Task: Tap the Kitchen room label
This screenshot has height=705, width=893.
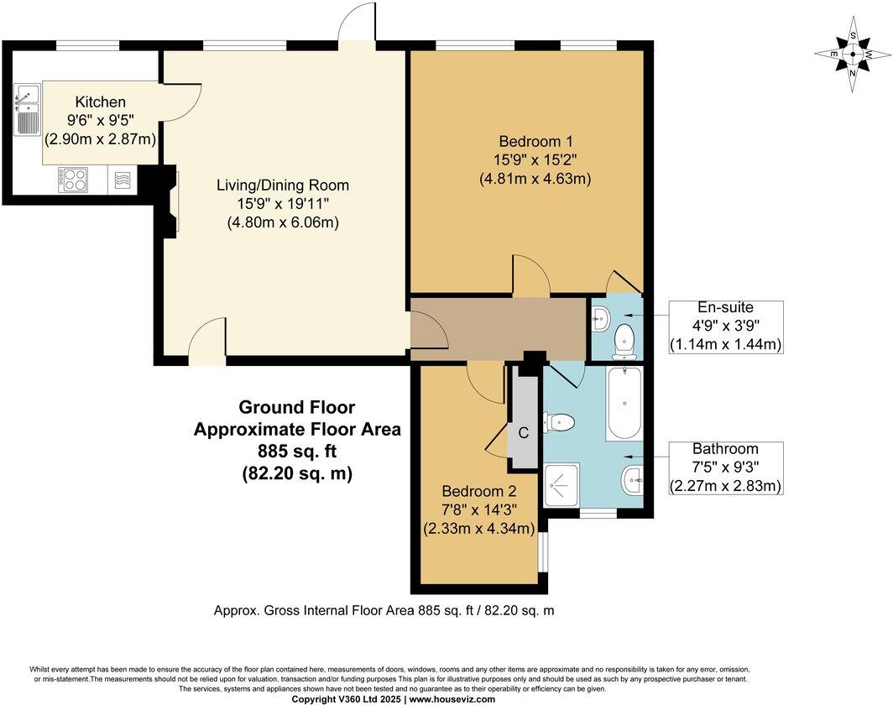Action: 100,102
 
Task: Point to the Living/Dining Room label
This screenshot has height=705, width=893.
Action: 282,185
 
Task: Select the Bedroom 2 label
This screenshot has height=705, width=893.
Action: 478,491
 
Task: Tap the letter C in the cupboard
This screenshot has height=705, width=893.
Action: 523,433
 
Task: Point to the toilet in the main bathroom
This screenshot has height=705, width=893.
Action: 557,423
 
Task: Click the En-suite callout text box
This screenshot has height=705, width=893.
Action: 725,326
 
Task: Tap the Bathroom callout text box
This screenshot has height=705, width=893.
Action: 725,467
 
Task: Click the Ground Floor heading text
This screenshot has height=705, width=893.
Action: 297,407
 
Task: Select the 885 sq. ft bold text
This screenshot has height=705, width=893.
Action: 297,452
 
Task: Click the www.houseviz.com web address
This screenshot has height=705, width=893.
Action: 452,698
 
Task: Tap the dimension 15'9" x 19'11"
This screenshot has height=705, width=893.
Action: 282,204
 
